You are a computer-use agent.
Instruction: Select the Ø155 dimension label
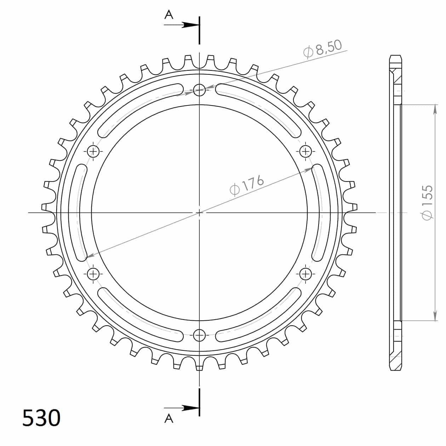(x=427, y=202)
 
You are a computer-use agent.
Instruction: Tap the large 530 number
(x=41, y=417)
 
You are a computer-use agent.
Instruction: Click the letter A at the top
(x=169, y=15)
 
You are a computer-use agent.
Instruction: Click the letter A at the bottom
(x=169, y=419)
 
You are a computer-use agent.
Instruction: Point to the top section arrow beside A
(x=182, y=25)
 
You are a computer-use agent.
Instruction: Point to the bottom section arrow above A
(x=182, y=408)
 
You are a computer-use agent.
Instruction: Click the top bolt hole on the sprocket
(x=199, y=90)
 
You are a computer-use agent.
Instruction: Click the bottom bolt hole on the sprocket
(x=199, y=335)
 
